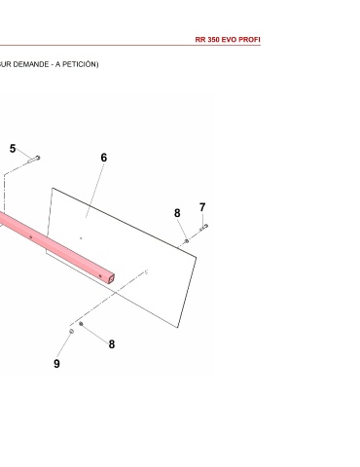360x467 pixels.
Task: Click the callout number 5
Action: [13, 149]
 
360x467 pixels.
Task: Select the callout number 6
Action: [104, 158]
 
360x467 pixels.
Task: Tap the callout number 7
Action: [202, 207]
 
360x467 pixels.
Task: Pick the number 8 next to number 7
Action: [177, 213]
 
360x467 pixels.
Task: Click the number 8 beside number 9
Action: [112, 344]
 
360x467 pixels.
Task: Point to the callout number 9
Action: [56, 364]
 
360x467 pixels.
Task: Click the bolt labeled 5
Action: [34, 160]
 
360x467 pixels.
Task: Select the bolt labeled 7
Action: [203, 228]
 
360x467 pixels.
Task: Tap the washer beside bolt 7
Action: [187, 241]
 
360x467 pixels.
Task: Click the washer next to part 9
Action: [81, 324]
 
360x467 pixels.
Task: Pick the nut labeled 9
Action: [71, 331]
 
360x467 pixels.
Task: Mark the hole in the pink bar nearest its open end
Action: [100, 276]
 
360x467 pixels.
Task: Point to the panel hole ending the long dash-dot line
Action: [146, 271]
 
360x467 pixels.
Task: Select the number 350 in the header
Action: [214, 40]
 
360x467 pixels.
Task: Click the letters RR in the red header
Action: [200, 40]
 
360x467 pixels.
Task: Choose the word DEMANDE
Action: [31, 64]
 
